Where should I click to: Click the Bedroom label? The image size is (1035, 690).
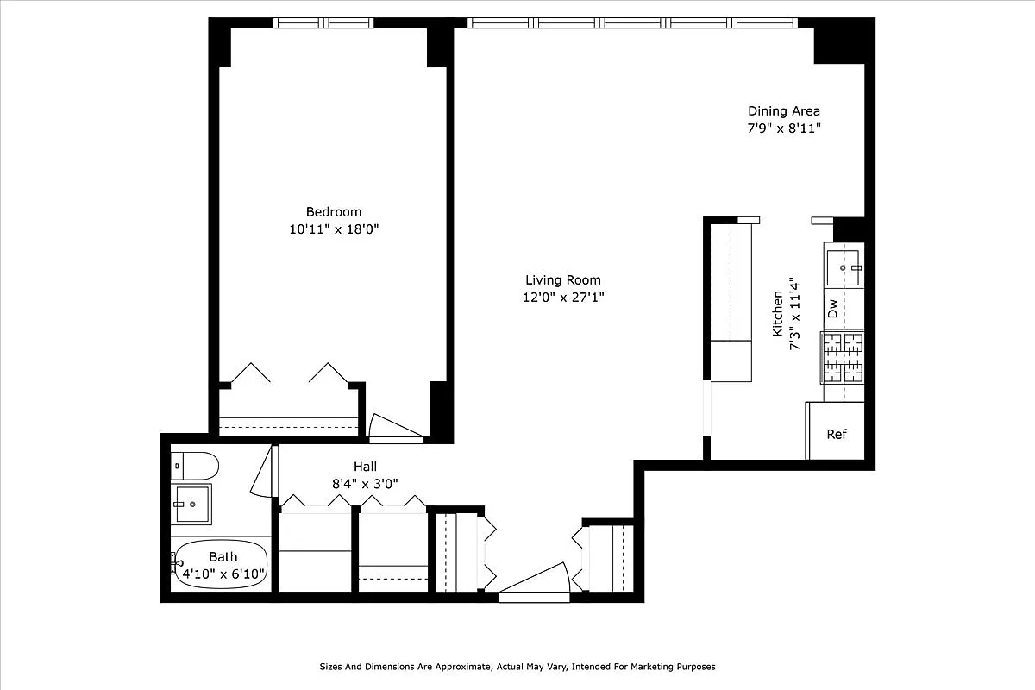pos(334,212)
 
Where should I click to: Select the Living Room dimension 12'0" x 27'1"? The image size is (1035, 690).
pos(562,298)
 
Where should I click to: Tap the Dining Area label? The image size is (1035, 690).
pos(783,110)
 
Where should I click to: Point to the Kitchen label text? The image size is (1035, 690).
pos(777,312)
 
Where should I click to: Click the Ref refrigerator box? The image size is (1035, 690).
pos(836,432)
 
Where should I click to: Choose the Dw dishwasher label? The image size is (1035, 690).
pos(833,308)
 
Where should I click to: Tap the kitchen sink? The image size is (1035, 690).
pos(843,267)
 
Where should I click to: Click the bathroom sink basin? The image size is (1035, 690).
pos(191,504)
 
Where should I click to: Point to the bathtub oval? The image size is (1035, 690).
pos(223,566)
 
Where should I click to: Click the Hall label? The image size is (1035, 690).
pos(365,467)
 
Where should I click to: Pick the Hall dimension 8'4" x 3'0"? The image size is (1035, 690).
pos(365,484)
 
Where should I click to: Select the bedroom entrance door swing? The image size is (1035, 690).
pos(393,427)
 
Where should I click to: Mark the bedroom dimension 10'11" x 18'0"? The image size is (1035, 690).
pos(334,229)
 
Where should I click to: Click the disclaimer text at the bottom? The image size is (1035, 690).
pos(517,667)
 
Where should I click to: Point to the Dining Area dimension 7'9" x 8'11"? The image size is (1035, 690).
pos(783,129)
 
